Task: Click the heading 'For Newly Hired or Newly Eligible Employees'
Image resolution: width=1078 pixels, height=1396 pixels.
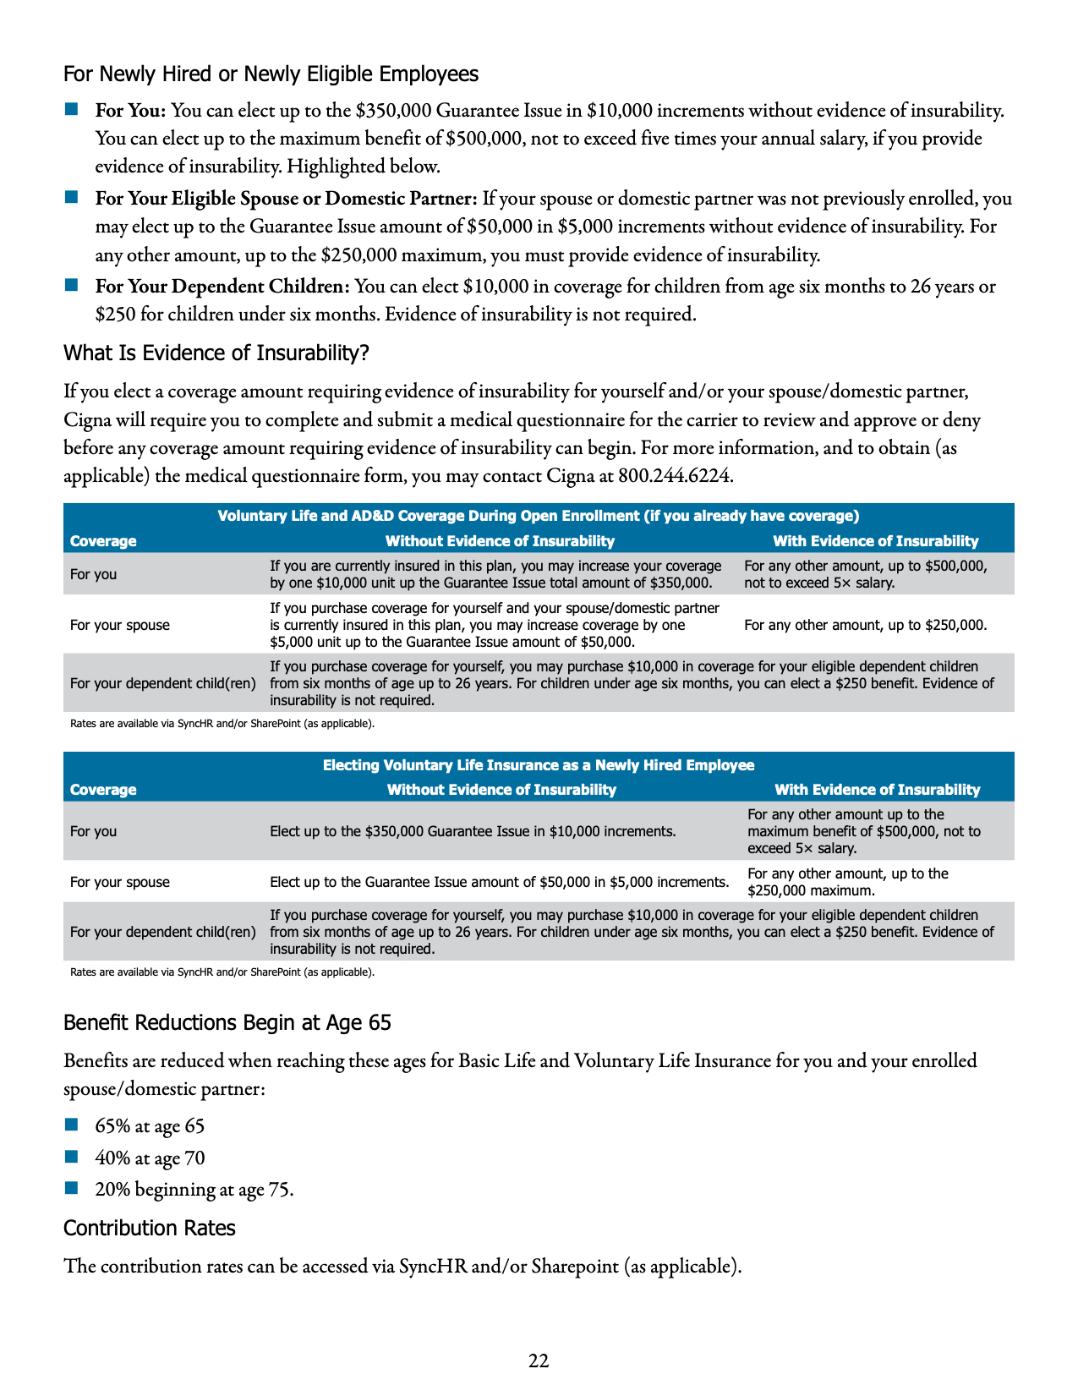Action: pyautogui.click(x=271, y=74)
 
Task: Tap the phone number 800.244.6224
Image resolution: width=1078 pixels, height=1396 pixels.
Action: pyautogui.click(x=675, y=476)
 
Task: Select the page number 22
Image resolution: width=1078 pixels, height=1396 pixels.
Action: pyautogui.click(x=539, y=1360)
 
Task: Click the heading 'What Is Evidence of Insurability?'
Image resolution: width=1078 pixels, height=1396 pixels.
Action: pyautogui.click(x=216, y=353)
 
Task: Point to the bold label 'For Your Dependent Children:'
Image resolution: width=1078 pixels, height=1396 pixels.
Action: pyautogui.click(x=222, y=287)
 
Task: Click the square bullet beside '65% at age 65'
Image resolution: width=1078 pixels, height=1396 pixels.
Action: pyautogui.click(x=71, y=1125)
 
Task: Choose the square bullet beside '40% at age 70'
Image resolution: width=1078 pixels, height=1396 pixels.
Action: pyautogui.click(x=71, y=1157)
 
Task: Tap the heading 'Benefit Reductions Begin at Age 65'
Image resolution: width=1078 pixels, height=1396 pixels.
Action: pyautogui.click(x=227, y=1023)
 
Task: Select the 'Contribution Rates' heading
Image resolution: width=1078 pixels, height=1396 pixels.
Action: pyautogui.click(x=150, y=1229)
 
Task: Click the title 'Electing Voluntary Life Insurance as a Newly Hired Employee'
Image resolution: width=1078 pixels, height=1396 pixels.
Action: pyautogui.click(x=539, y=765)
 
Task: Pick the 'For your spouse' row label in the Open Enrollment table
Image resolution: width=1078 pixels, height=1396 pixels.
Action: pyautogui.click(x=120, y=626)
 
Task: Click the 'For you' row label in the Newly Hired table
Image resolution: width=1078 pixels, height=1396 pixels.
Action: pyautogui.click(x=94, y=832)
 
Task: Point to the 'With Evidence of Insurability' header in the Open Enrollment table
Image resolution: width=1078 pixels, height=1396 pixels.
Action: pyautogui.click(x=876, y=542)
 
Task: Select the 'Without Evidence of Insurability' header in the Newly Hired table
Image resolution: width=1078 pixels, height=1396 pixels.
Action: pyautogui.click(x=501, y=790)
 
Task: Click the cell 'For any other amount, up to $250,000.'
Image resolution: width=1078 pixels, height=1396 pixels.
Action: pyautogui.click(x=865, y=626)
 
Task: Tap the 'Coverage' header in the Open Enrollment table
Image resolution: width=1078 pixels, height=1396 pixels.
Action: pyautogui.click(x=103, y=542)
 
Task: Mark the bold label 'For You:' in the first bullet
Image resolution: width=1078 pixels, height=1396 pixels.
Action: pyautogui.click(x=130, y=111)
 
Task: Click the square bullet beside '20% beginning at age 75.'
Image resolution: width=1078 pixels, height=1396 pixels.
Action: pyautogui.click(x=71, y=1188)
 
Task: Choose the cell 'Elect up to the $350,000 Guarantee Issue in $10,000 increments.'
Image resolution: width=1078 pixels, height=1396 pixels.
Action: pyautogui.click(x=473, y=832)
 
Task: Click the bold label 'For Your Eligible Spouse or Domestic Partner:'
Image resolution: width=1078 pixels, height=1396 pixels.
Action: pyautogui.click(x=286, y=199)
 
